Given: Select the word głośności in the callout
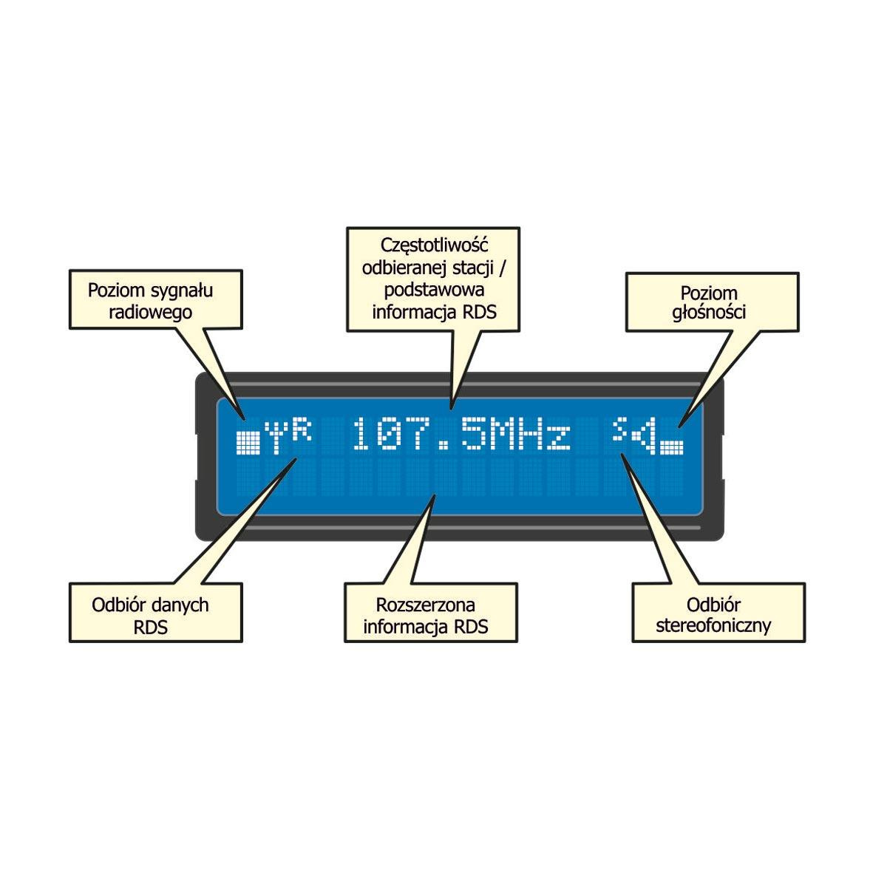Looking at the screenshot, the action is pos(709,313).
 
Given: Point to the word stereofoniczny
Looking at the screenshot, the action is pos(713,627).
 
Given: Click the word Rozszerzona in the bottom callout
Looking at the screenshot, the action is pos(425,605).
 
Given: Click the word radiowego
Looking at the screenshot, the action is pos(150,313).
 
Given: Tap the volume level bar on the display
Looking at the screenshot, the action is pos(672,447).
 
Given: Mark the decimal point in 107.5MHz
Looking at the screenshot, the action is pos(443,446).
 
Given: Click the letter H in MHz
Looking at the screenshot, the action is pos(531,434).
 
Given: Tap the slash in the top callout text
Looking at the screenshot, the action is pos(502,268).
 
